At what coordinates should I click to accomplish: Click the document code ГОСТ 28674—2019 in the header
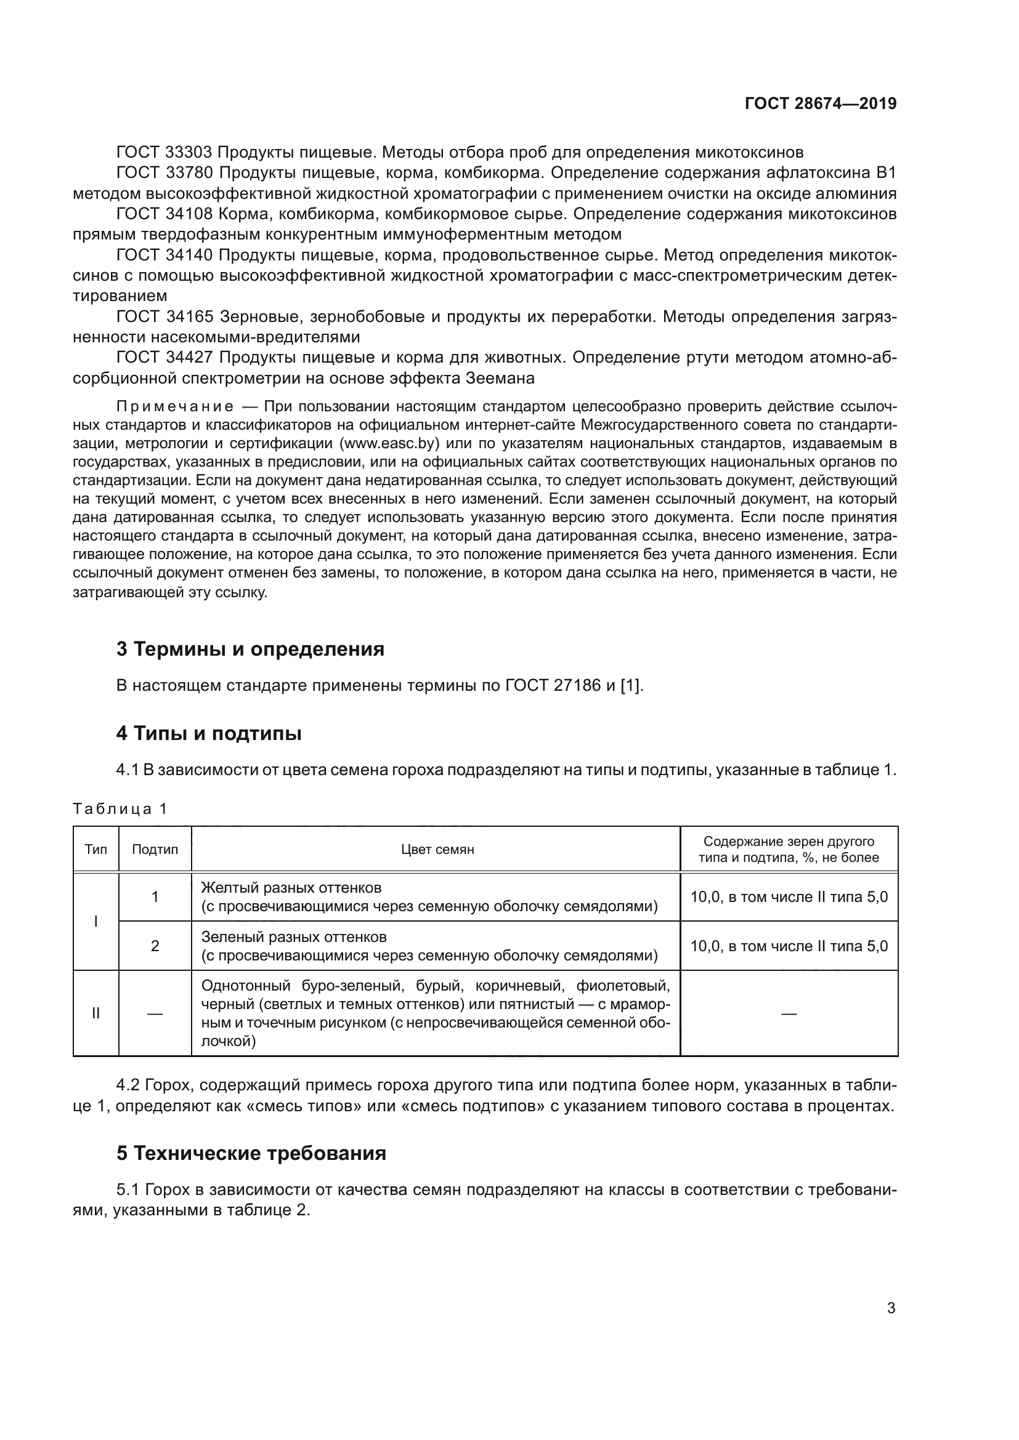pyautogui.click(x=820, y=103)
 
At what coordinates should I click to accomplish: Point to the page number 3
pyautogui.click(x=891, y=1308)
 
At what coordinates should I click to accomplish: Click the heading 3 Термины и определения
pyautogui.click(x=250, y=649)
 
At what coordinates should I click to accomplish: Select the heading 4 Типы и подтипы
pyautogui.click(x=208, y=733)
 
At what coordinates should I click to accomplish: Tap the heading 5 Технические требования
pyautogui.click(x=250, y=1153)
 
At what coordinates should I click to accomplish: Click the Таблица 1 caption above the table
pyautogui.click(x=120, y=808)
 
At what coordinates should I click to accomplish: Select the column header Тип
pyautogui.click(x=95, y=849)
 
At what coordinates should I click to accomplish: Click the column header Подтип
pyautogui.click(x=155, y=849)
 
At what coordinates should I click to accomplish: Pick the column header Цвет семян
pyautogui.click(x=437, y=849)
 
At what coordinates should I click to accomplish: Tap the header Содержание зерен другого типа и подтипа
pyautogui.click(x=789, y=849)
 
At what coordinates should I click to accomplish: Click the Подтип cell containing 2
pyautogui.click(x=155, y=946)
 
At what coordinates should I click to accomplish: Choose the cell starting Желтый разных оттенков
pyautogui.click(x=429, y=897)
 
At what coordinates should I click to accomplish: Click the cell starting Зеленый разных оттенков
pyautogui.click(x=429, y=946)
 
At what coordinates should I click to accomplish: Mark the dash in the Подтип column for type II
pyautogui.click(x=155, y=1013)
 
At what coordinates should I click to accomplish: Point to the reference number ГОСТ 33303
pyautogui.click(x=165, y=153)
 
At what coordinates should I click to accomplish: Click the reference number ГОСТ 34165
pyautogui.click(x=165, y=316)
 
